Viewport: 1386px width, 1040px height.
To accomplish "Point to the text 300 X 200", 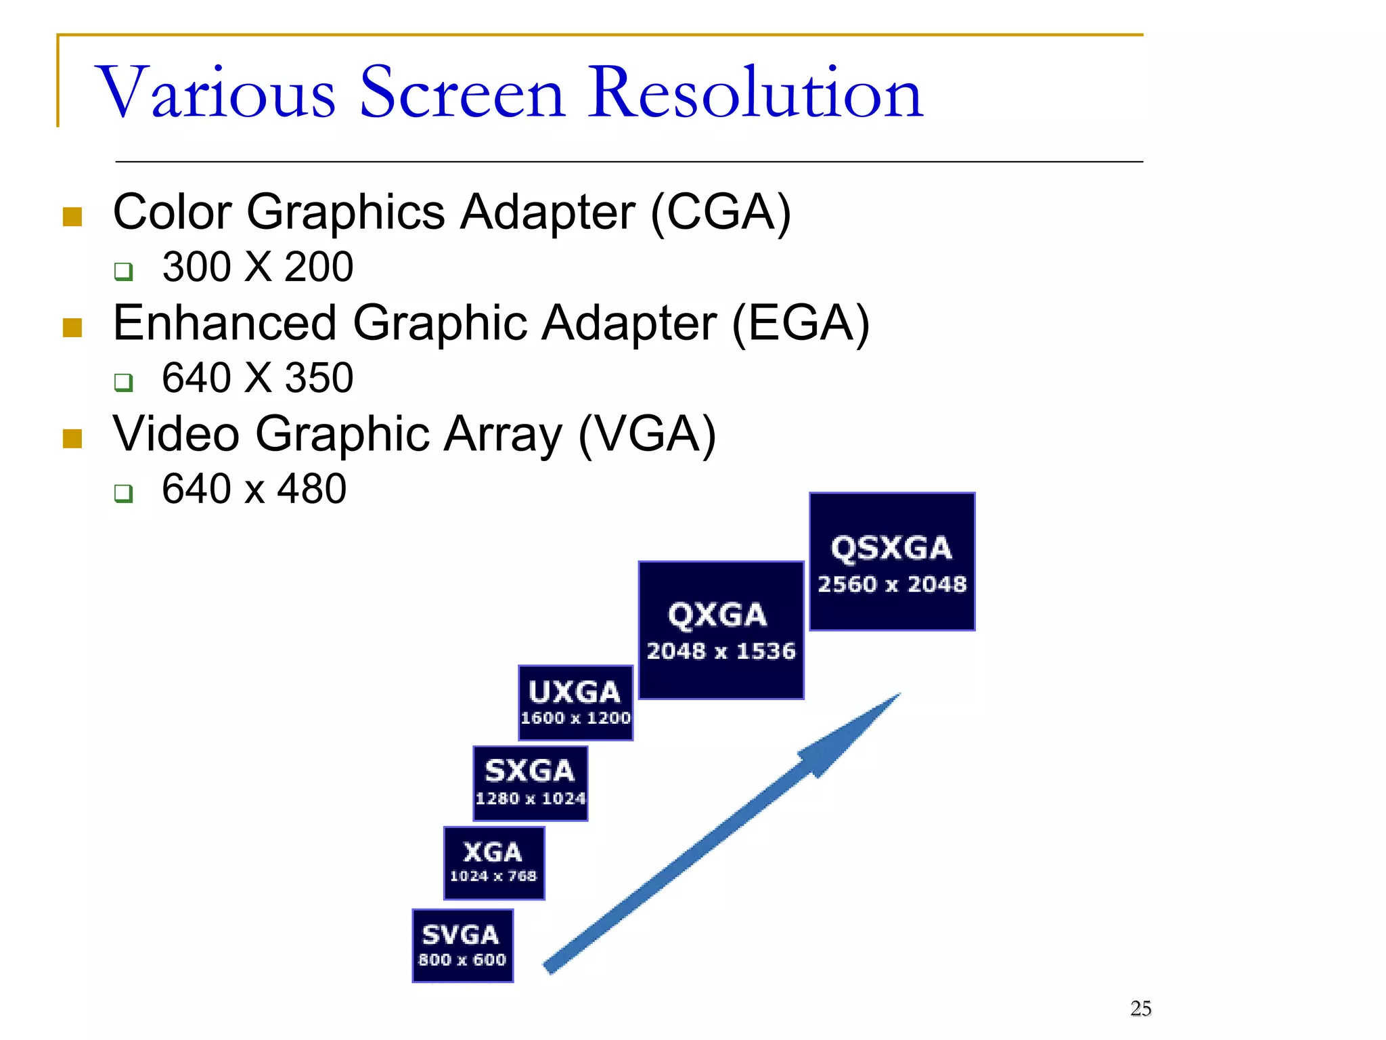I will (x=257, y=267).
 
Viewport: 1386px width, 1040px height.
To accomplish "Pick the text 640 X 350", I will (x=257, y=378).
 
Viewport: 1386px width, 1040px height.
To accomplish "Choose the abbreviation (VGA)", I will (x=647, y=435).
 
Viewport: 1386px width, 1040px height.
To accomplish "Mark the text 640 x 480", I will (x=254, y=489).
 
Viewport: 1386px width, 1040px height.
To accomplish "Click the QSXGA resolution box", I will (x=892, y=562).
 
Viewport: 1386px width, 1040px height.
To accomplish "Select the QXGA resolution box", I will (x=721, y=630).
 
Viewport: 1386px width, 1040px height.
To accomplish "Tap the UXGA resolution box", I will (x=575, y=703).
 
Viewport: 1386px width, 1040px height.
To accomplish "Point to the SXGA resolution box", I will (x=530, y=783).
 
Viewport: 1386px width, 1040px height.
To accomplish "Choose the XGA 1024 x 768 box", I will (x=493, y=863).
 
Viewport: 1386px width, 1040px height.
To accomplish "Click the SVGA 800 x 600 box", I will (x=462, y=946).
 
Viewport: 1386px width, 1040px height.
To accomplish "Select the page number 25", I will (x=1140, y=1009).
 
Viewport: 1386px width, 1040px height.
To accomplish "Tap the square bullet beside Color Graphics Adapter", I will (x=72, y=217).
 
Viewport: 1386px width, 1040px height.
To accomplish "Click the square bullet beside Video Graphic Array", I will (x=72, y=439).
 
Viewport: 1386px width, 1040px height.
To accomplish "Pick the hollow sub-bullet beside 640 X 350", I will (x=123, y=382).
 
